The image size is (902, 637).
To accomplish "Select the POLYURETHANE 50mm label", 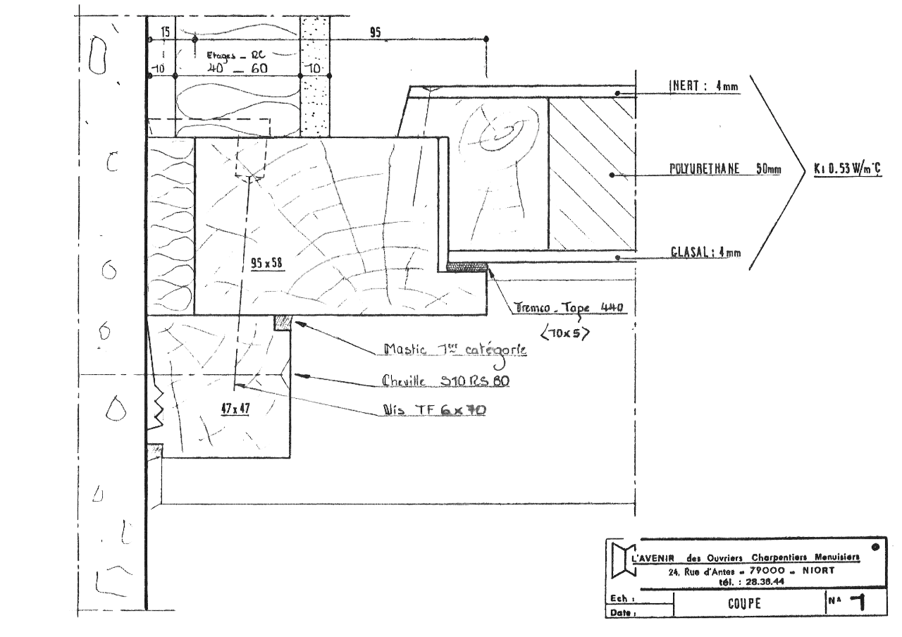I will (724, 170).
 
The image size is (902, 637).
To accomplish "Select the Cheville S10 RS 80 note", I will (445, 381).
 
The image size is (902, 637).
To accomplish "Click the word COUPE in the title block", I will (746, 604).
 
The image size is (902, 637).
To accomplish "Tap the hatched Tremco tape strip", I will (467, 266).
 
